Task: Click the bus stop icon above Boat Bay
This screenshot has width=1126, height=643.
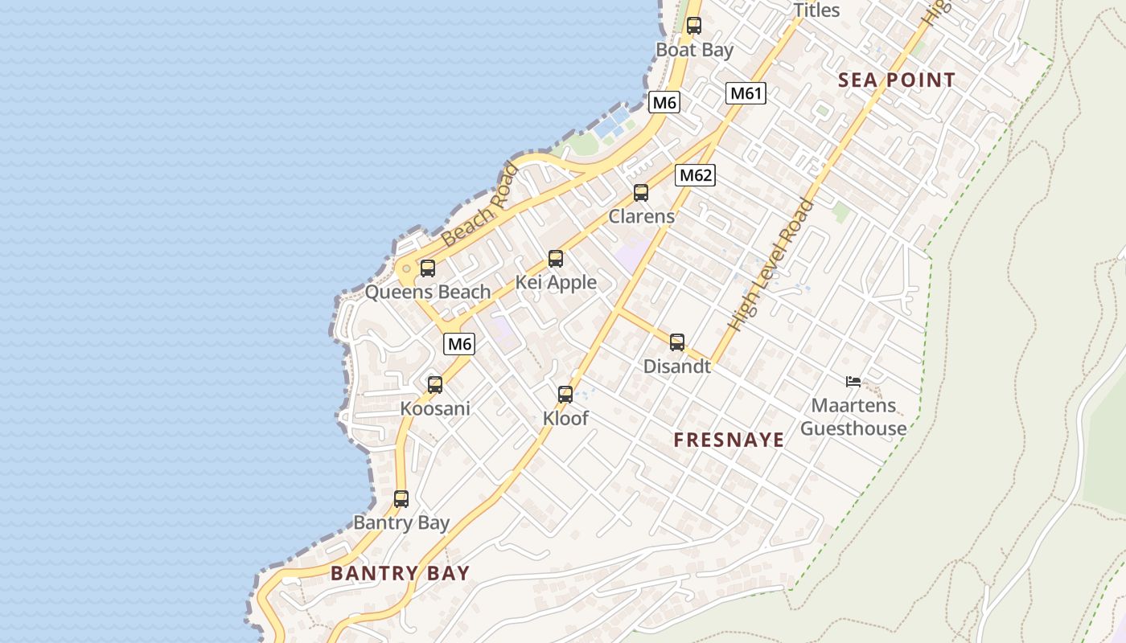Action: click(693, 26)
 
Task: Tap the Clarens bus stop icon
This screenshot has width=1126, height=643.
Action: click(640, 193)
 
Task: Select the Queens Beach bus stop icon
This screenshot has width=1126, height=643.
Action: click(428, 268)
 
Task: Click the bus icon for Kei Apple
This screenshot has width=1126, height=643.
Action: click(556, 259)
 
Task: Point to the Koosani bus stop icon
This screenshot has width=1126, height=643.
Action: click(435, 385)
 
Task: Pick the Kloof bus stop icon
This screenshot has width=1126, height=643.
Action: click(565, 395)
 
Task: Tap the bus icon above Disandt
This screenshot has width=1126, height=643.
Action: click(677, 343)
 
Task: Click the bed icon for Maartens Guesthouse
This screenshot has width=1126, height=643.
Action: click(853, 382)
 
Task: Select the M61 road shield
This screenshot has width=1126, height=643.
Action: click(746, 93)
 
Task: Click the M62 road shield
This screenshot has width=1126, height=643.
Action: click(695, 175)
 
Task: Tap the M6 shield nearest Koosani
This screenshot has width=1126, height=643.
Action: click(459, 344)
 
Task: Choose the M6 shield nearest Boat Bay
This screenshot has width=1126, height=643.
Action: click(664, 102)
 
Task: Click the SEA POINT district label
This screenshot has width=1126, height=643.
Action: click(896, 80)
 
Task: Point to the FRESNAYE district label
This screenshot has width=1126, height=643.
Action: click(729, 440)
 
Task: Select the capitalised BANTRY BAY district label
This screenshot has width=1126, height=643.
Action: click(400, 573)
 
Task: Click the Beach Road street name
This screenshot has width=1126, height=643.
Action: click(481, 205)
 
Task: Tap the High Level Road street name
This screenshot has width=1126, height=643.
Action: click(771, 265)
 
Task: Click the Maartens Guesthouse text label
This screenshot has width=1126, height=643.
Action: click(853, 417)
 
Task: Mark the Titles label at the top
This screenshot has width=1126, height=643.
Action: click(816, 10)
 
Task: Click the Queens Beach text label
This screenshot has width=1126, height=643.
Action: click(428, 292)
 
